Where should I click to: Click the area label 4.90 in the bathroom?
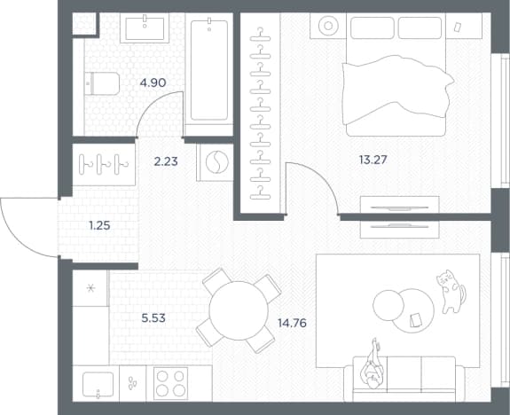point(153,82)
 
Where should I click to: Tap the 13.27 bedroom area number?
point(373,160)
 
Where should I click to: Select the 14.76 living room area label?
point(292,323)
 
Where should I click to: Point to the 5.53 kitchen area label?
point(153,317)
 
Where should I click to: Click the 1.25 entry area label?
point(99,225)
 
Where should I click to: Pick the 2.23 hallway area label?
point(166,161)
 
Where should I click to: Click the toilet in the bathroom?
point(102,83)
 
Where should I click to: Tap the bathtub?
point(209,70)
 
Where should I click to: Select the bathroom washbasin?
point(145,28)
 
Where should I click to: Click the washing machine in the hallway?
point(215,162)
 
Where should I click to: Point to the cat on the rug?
point(451,292)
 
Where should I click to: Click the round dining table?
point(239,310)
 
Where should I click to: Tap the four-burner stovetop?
point(170,383)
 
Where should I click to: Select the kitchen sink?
point(98,385)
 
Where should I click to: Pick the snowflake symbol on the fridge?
point(90,287)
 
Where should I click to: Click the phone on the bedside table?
point(458,27)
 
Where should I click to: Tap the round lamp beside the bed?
point(328,26)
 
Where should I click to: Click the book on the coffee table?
point(415,320)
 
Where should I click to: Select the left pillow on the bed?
point(373,27)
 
